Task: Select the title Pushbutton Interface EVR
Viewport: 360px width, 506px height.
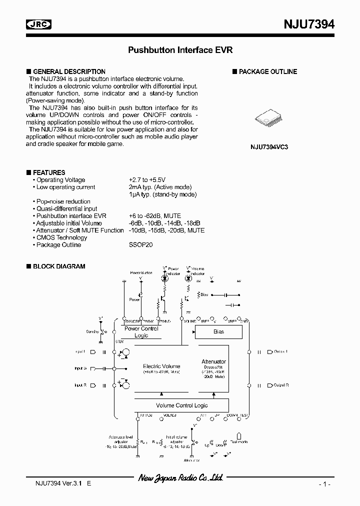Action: pyautogui.click(x=180, y=50)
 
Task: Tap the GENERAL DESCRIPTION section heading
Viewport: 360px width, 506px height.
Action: pyautogui.click(x=69, y=71)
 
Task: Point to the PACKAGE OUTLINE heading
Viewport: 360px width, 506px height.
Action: pyautogui.click(x=267, y=71)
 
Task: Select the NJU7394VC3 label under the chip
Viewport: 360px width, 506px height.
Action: pyautogui.click(x=269, y=147)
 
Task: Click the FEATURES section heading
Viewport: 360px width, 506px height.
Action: pyautogui.click(x=49, y=172)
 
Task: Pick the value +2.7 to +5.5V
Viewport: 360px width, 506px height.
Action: pyautogui.click(x=147, y=180)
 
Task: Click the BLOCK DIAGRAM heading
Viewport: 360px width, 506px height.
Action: pyautogui.click(x=58, y=266)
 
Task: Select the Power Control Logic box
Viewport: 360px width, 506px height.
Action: pyautogui.click(x=141, y=332)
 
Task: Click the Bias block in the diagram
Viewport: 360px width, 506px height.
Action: pyautogui.click(x=218, y=331)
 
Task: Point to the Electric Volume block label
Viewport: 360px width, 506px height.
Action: pyautogui.click(x=161, y=366)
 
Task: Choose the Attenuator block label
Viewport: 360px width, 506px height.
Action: pyautogui.click(x=213, y=361)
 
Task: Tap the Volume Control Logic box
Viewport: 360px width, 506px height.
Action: pyautogui.click(x=181, y=405)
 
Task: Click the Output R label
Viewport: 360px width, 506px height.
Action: pyautogui.click(x=281, y=385)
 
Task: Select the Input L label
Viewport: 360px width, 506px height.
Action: pyautogui.click(x=80, y=351)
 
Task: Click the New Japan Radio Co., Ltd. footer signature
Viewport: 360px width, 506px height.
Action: pyautogui.click(x=180, y=478)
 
